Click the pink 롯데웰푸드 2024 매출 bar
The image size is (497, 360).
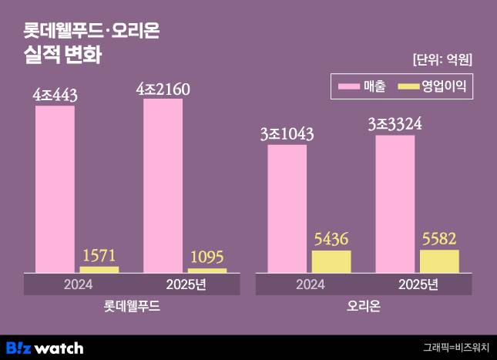(55, 189)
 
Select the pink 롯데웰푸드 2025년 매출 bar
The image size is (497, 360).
(163, 185)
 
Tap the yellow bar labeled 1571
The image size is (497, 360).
(99, 269)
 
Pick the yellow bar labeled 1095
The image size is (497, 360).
(207, 270)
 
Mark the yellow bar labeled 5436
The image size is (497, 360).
(331, 261)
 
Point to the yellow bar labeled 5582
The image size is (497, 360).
(439, 261)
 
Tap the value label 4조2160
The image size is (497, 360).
(163, 89)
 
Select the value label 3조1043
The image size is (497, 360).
(287, 134)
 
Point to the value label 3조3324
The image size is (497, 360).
(395, 124)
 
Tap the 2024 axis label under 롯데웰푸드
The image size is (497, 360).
(77, 284)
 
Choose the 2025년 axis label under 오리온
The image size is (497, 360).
(418, 284)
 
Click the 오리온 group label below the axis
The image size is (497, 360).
(364, 306)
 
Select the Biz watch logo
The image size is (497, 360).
(44, 347)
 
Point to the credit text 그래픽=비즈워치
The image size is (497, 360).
(455, 348)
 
